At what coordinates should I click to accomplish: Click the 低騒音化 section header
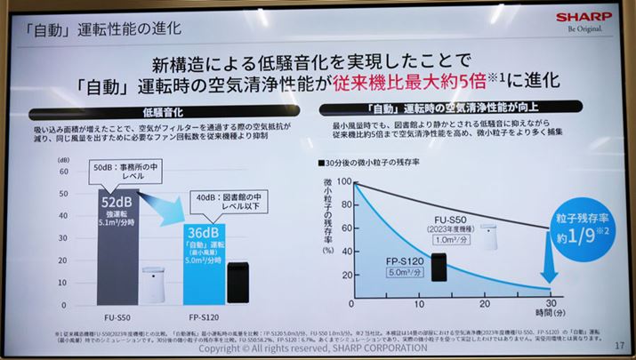(x=162, y=115)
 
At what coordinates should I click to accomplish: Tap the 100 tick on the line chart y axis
(x=344, y=183)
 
